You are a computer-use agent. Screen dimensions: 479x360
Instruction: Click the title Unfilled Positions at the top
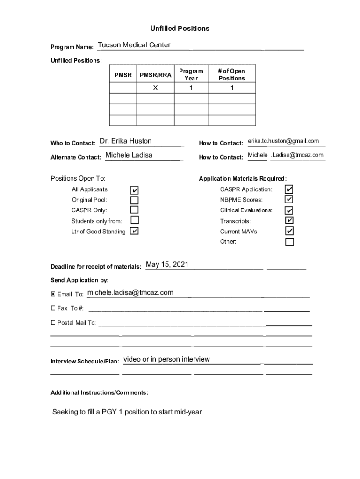(x=180, y=29)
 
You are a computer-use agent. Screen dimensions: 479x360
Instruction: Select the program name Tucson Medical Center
(x=134, y=45)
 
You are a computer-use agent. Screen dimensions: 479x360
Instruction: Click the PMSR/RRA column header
(x=155, y=75)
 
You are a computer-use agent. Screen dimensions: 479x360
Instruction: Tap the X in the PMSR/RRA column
(x=155, y=88)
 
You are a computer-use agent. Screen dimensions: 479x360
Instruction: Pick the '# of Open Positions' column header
(x=231, y=75)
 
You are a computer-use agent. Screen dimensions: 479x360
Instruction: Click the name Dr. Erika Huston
(x=126, y=141)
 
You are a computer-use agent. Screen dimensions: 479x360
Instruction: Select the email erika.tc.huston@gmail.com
(x=283, y=141)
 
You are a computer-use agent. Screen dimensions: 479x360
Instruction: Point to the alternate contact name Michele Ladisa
(x=129, y=155)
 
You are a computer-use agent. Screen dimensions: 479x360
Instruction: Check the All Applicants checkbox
(x=134, y=190)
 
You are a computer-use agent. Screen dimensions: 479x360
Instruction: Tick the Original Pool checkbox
(x=134, y=200)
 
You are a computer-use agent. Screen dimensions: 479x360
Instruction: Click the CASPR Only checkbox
(x=134, y=210)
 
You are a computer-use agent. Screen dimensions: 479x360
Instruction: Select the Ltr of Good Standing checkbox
(x=134, y=231)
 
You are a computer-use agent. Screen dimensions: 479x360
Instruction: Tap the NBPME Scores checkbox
(x=289, y=200)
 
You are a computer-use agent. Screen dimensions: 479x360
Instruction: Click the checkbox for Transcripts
(x=289, y=220)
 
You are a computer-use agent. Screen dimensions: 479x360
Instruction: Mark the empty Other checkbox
(x=289, y=242)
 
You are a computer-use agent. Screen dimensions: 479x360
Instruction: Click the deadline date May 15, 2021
(x=167, y=265)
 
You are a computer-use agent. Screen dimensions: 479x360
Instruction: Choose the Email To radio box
(x=53, y=294)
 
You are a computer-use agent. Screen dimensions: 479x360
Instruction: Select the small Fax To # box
(x=53, y=308)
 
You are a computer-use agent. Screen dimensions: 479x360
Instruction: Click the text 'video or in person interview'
(x=166, y=359)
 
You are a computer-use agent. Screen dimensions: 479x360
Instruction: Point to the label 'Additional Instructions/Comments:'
(x=99, y=392)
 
